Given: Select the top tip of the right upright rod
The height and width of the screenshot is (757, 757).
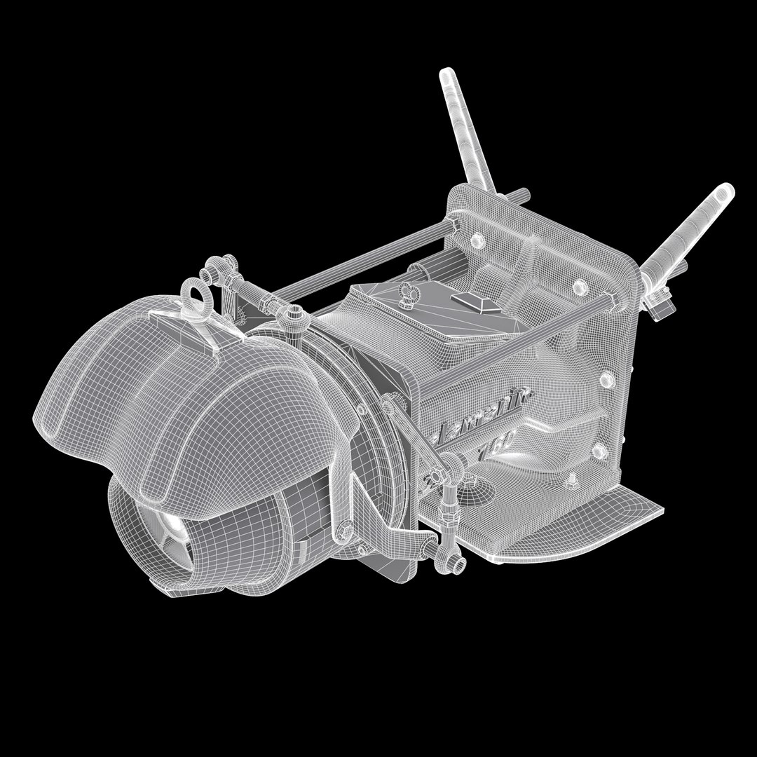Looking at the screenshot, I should (x=728, y=189).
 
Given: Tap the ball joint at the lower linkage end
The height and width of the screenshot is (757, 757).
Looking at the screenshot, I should (x=456, y=561).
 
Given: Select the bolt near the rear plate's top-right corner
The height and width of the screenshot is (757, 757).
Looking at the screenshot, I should (x=579, y=287).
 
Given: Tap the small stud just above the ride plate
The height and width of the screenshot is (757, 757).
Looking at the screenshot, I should (x=571, y=479).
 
